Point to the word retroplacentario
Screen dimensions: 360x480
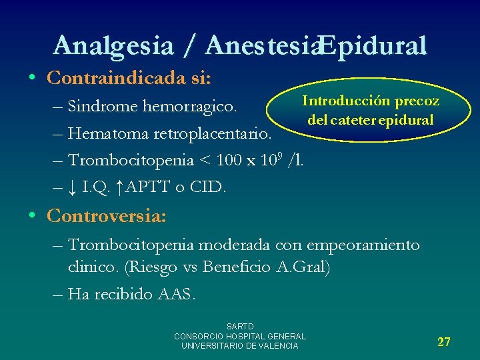point(213,133)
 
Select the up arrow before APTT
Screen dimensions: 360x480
point(118,188)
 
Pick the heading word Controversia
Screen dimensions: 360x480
point(107,217)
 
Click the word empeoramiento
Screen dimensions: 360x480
point(363,245)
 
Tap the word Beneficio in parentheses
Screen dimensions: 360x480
point(241,268)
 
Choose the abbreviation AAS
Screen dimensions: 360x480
point(175,295)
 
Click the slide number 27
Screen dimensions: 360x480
point(444,342)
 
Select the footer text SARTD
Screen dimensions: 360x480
point(240,327)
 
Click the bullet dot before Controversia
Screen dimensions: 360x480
point(33,217)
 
